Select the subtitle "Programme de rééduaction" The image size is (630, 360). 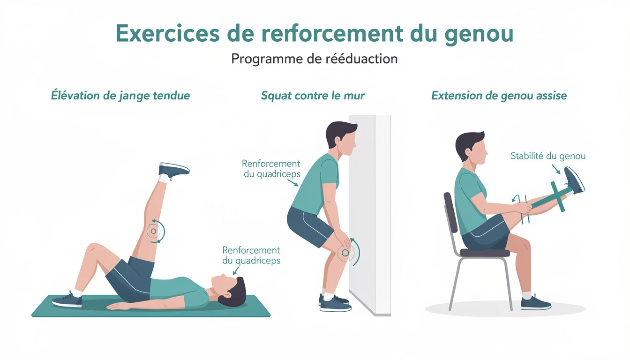(314, 59)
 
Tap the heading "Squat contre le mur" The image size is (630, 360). (313, 96)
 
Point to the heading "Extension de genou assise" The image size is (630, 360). (499, 96)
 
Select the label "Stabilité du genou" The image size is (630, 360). (548, 156)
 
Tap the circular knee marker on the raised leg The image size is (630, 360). (153, 231)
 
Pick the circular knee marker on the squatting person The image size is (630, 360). (345, 253)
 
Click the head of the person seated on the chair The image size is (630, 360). (471, 148)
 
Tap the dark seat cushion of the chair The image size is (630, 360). (484, 253)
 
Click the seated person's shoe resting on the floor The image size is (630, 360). (536, 303)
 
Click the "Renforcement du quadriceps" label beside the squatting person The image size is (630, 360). (271, 169)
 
